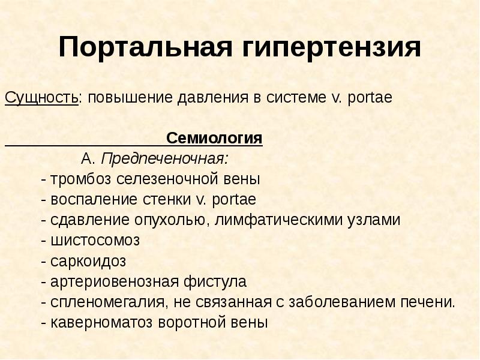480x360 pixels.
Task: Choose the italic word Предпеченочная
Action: (x=164, y=159)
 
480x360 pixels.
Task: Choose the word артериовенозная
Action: (x=115, y=281)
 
